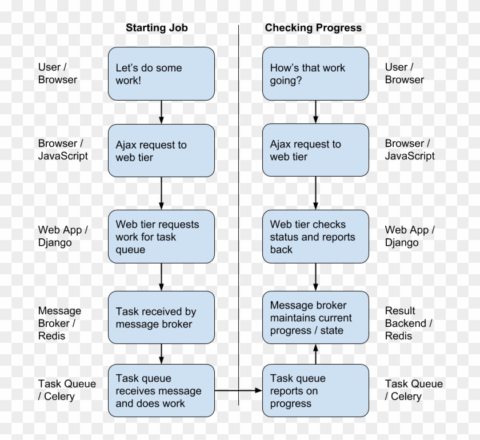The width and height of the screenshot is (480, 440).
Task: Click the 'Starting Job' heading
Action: pos(157,27)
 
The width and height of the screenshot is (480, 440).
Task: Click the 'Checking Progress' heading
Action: pos(313,27)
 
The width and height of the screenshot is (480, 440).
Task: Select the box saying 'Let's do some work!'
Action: pos(161,74)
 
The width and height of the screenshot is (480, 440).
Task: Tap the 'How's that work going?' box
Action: pos(315,74)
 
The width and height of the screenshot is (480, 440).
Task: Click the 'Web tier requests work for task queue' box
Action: pos(161,237)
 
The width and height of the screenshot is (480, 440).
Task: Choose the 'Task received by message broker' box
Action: pos(161,318)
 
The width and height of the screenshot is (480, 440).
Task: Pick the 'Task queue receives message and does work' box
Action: pos(161,391)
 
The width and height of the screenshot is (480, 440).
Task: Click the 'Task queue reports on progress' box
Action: pos(315,391)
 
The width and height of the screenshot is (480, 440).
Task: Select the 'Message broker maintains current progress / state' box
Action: pos(315,318)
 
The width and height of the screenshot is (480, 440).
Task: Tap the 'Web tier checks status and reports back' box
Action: pos(315,237)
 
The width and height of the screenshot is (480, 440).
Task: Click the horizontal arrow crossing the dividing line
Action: pos(238,391)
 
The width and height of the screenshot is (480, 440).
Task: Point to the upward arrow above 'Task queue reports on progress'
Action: pos(315,354)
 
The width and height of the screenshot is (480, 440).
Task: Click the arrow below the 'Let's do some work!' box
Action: pos(161,112)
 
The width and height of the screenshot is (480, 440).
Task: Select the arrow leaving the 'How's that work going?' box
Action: pos(315,112)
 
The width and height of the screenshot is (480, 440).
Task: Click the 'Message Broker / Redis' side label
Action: pos(59,323)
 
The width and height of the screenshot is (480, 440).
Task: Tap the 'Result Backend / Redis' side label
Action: pos(408,323)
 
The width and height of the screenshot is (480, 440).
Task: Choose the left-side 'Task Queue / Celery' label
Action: pos(67,390)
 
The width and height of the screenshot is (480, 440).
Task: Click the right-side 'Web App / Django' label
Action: pos(409,236)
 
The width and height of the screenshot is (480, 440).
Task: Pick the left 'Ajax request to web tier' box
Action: pos(161,151)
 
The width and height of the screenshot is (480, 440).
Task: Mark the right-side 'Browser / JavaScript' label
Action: pos(409,150)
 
